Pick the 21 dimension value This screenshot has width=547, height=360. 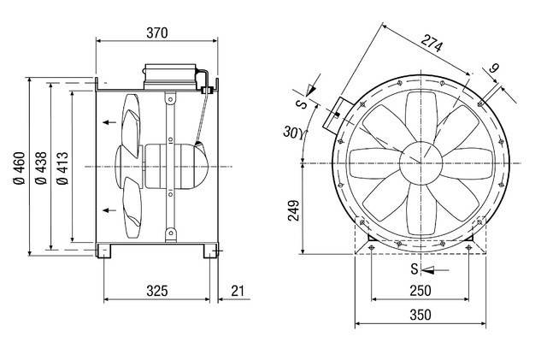click(x=237, y=291)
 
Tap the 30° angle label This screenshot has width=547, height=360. click(x=294, y=132)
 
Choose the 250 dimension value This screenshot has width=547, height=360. click(x=420, y=291)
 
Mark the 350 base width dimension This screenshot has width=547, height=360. click(x=420, y=315)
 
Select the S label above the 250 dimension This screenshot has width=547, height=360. click(x=413, y=270)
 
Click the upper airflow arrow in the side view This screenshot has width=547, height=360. click(x=109, y=123)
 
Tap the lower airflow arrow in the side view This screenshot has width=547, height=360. click(x=109, y=210)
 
